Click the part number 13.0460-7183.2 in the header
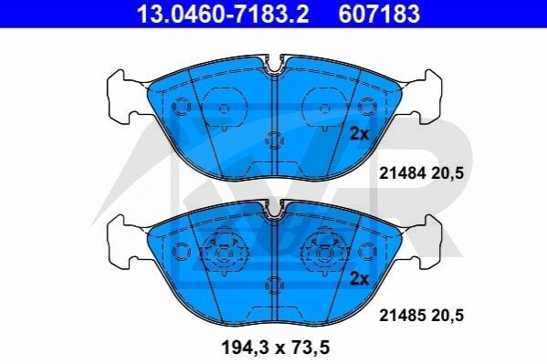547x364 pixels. click(223, 14)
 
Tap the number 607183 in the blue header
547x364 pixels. click(379, 14)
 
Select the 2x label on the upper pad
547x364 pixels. click(359, 134)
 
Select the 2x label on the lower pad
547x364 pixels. click(359, 278)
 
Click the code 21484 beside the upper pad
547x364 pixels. click(402, 173)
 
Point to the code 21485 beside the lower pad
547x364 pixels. click(402, 316)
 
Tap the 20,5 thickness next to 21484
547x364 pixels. click(447, 173)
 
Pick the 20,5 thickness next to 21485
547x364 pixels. click(447, 317)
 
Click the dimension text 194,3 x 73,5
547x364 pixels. click(276, 348)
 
